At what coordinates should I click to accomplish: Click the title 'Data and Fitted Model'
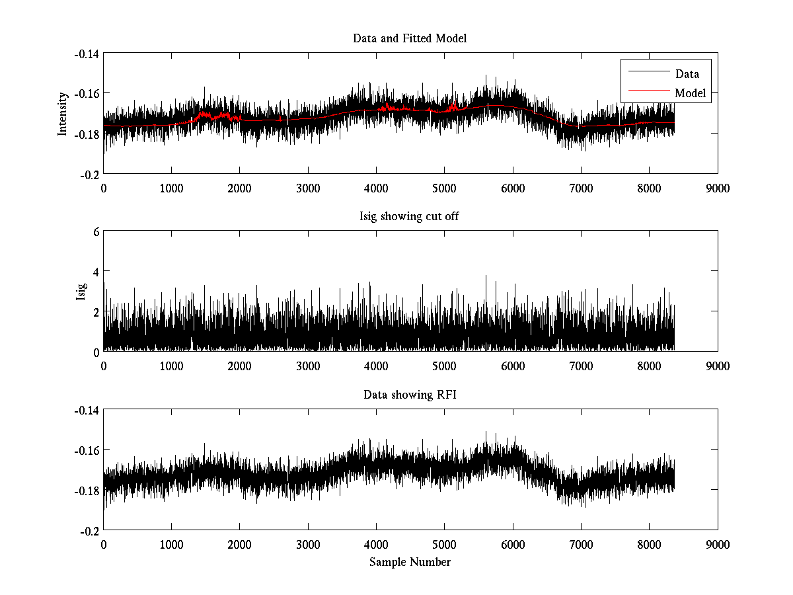(410, 38)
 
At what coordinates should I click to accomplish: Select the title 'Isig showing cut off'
(410, 217)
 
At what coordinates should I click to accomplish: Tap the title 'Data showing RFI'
(410, 395)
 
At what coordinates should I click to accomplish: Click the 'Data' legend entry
(687, 74)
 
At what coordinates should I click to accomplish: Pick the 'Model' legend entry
(690, 93)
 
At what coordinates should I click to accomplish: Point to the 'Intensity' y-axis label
(63, 113)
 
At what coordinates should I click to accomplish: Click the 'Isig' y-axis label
(81, 292)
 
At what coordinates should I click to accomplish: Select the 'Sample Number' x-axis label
(410, 562)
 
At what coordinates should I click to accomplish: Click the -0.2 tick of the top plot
(90, 174)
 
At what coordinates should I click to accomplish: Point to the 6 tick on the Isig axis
(96, 231)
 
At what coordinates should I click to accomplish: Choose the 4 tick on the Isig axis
(96, 272)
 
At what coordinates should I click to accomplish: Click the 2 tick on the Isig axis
(96, 311)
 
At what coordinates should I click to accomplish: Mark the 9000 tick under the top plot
(718, 188)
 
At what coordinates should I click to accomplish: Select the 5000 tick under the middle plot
(444, 366)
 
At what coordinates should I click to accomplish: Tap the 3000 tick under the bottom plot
(308, 544)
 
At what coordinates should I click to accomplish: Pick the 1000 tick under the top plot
(171, 188)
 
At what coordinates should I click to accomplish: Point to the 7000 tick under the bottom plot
(581, 544)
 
